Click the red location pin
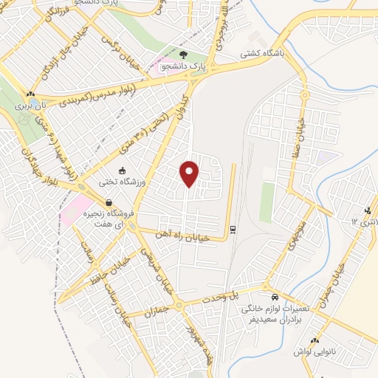click(190, 172)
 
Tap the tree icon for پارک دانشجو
click(183, 55)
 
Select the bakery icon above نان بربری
click(30, 94)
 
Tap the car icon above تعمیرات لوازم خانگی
click(275, 292)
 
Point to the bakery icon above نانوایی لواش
click(315, 340)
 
